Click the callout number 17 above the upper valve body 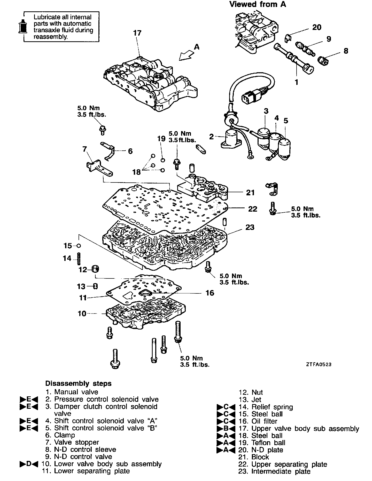[x=137, y=33]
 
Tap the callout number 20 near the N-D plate [x=317, y=27]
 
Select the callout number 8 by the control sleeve [x=346, y=51]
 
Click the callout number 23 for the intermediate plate [x=250, y=227]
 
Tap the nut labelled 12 [x=95, y=270]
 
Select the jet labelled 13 [x=95, y=286]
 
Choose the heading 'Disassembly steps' [x=78, y=383]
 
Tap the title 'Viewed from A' [x=258, y=4]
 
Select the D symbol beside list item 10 [x=29, y=464]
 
